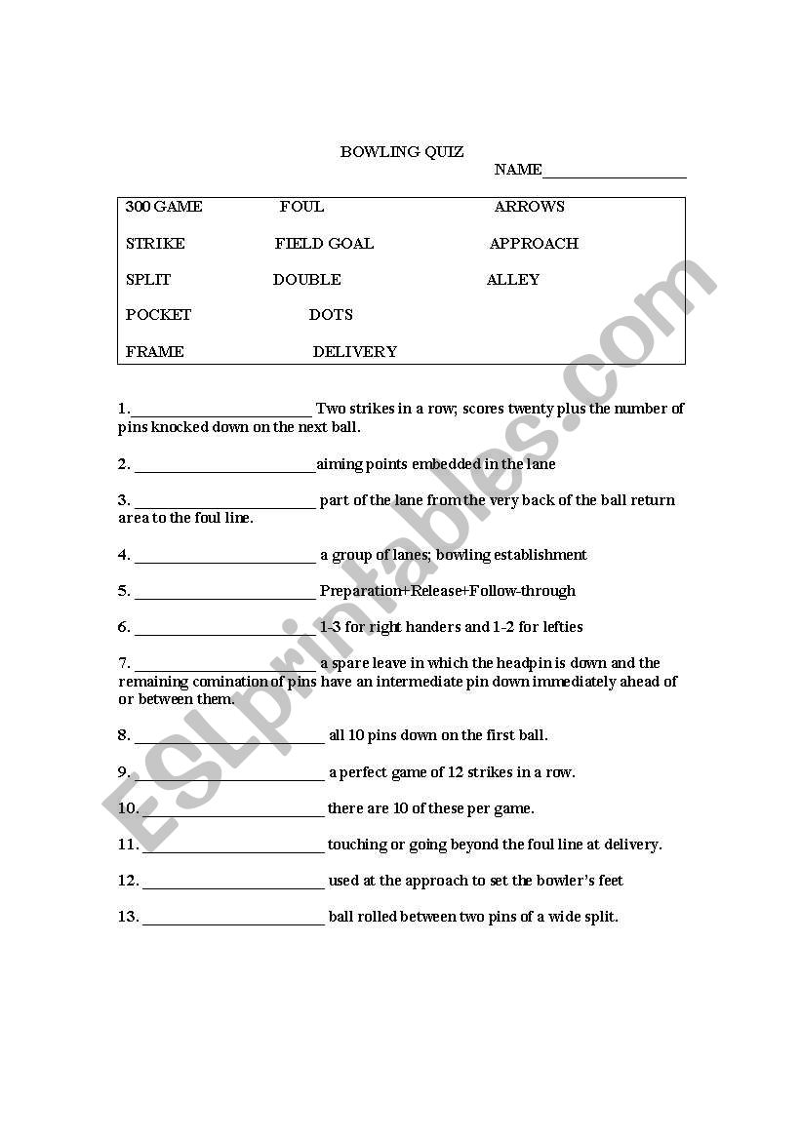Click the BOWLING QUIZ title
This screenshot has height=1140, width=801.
[402, 152]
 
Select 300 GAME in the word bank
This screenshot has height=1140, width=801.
[164, 207]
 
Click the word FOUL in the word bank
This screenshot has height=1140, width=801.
[301, 207]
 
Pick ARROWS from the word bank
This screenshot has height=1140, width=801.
[529, 207]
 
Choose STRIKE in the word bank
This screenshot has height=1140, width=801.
[155, 244]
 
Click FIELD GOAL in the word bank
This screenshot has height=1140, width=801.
[324, 244]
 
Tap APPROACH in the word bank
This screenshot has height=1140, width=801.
[534, 244]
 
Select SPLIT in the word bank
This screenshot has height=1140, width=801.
[148, 280]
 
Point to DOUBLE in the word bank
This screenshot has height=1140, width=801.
[307, 280]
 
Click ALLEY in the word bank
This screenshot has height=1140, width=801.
[513, 280]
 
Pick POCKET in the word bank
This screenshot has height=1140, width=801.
[158, 315]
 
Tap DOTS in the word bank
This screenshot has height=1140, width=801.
[331, 315]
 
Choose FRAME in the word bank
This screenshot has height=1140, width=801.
[155, 352]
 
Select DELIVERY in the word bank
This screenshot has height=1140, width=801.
[355, 352]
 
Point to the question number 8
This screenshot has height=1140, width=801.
[123, 735]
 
